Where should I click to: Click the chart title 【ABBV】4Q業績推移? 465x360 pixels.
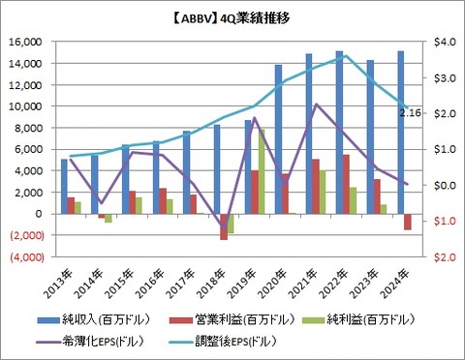pyautogui.click(x=232, y=18)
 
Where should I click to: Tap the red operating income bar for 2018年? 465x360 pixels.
pyautogui.click(x=224, y=226)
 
